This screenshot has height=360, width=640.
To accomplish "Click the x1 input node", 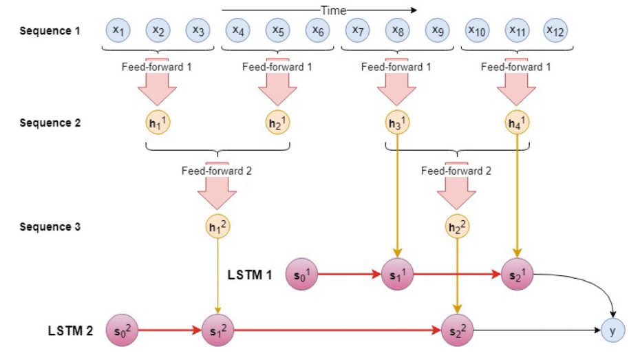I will [x=118, y=30].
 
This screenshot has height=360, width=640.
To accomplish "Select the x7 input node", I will [x=357, y=30].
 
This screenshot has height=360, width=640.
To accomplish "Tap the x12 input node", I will [x=556, y=30].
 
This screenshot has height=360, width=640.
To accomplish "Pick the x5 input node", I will [x=278, y=30].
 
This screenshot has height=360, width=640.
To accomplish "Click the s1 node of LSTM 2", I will [x=217, y=330].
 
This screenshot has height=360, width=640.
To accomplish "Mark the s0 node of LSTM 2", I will [x=118, y=330].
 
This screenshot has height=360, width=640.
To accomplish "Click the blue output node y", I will [x=612, y=330].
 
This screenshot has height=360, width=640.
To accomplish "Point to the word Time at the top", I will [x=333, y=10].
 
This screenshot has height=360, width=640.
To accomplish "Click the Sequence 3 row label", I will [x=50, y=226].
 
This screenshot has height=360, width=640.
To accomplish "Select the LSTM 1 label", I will [x=250, y=275].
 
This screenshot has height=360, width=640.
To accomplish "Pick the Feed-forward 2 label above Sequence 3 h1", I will [x=217, y=171].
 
